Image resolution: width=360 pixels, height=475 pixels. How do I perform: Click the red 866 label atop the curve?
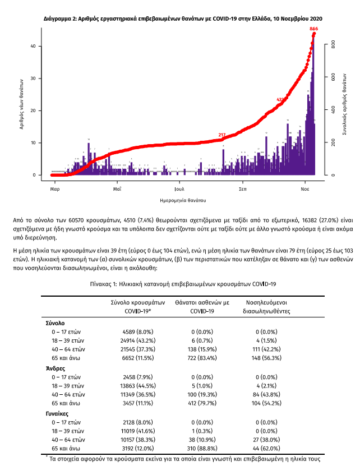(313, 29)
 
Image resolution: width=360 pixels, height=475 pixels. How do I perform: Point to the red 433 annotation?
(281, 100)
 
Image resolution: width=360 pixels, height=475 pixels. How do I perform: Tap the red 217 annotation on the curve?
(222, 135)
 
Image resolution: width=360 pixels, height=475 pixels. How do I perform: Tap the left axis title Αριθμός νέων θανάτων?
(21, 104)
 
